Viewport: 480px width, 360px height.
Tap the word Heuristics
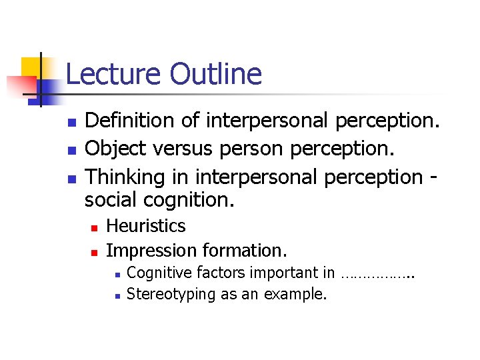coord(146,226)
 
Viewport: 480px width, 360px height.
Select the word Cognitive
coord(159,273)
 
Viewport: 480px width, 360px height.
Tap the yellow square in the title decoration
coord(31,67)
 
